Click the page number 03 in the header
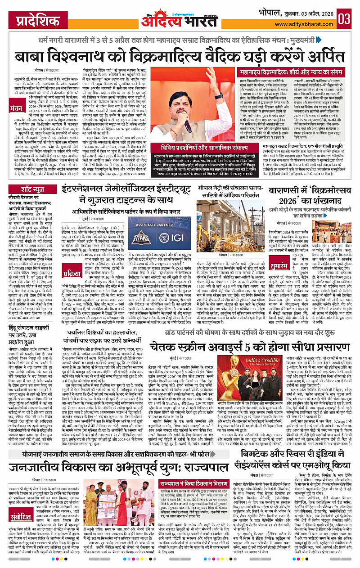[345, 20]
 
